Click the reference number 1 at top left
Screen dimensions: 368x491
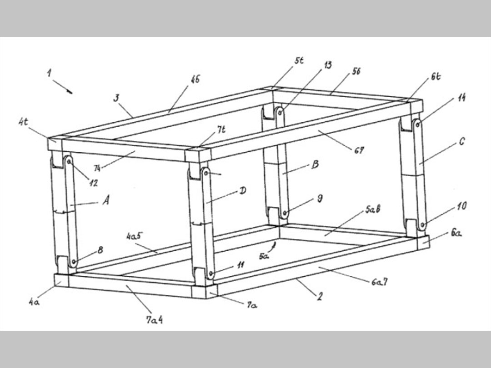[49, 73]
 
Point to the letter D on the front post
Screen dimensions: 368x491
[243, 191]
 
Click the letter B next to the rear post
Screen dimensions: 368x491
[315, 164]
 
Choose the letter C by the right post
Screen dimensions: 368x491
[461, 142]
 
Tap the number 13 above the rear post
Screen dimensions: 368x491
[327, 65]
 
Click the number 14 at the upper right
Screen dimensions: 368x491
[461, 97]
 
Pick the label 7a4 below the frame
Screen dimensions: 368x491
[154, 320]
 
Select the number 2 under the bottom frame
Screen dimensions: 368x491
[320, 297]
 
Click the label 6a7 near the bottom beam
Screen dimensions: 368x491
[379, 283]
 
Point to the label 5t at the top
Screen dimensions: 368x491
[299, 60]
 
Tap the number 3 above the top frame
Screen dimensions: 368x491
[116, 98]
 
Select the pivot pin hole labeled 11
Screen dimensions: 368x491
[210, 274]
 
